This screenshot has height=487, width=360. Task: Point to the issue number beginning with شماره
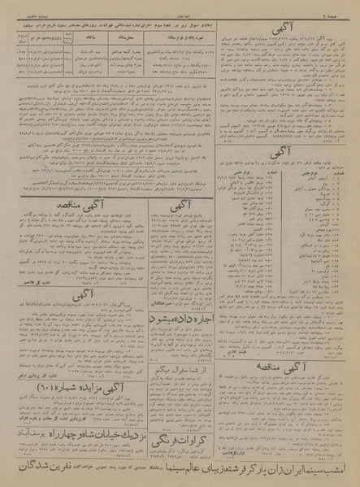click(x=20, y=4)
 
